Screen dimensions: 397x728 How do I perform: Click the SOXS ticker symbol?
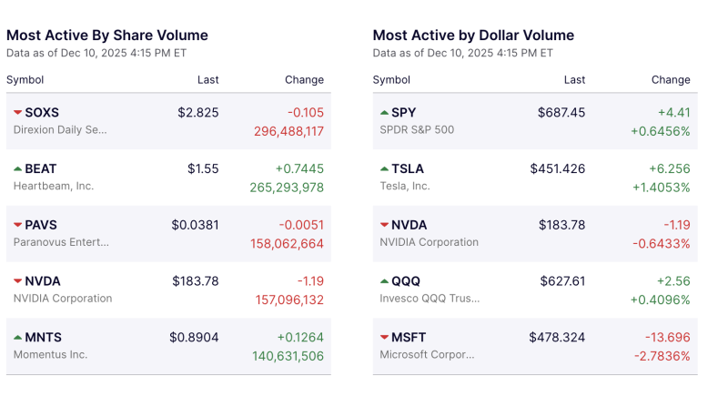(42, 113)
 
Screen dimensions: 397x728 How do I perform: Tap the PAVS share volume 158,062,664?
(287, 244)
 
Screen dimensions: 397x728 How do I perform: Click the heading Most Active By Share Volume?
(107, 36)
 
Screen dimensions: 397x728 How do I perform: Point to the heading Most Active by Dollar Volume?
(473, 36)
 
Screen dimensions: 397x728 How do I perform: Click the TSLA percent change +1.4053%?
(660, 188)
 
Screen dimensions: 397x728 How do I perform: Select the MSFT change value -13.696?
(667, 338)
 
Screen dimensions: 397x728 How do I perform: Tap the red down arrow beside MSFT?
(384, 338)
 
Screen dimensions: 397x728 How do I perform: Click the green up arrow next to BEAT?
(17, 169)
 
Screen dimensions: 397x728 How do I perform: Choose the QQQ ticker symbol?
(406, 281)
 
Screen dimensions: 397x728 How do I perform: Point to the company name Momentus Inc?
(50, 354)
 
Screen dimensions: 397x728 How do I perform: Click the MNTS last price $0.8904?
(194, 338)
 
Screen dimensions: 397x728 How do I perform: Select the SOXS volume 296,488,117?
(287, 131)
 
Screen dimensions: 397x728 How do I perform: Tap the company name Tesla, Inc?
(405, 186)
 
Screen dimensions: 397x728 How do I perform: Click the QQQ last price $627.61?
(562, 281)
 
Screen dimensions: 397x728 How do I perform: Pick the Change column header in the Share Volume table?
(304, 80)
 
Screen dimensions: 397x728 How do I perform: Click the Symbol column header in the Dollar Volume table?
(391, 80)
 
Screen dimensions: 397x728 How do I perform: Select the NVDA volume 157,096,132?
(287, 300)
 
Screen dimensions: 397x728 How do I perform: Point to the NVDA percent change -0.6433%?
(660, 244)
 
